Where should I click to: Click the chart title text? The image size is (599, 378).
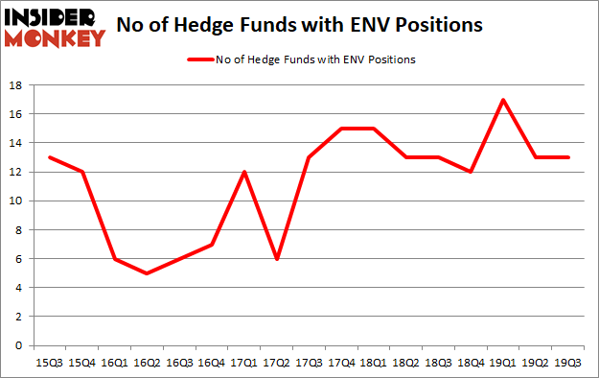[x=299, y=26]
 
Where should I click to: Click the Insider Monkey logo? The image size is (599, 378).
[x=55, y=26]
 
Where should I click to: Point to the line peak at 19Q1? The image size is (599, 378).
[x=502, y=100]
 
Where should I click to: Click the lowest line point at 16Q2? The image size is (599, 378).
[x=146, y=272]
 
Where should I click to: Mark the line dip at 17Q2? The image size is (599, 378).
[x=276, y=259]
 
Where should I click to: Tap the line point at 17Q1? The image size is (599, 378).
[x=243, y=172]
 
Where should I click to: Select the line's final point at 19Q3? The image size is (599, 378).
[x=567, y=157]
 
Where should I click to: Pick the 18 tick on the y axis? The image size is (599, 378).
[x=15, y=85]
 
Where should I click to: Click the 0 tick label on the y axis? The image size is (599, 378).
[x=19, y=345]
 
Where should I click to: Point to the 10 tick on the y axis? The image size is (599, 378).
[x=15, y=201]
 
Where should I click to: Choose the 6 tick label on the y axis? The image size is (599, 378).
[x=19, y=259]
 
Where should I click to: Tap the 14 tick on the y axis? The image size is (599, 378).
[x=15, y=143]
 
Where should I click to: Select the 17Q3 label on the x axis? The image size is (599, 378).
[x=308, y=364]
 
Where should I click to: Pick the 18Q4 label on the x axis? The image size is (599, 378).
[x=470, y=364]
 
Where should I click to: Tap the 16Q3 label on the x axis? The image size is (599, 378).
[x=178, y=364]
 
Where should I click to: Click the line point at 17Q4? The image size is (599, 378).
[x=340, y=129]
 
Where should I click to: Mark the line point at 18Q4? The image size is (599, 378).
[x=470, y=172]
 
